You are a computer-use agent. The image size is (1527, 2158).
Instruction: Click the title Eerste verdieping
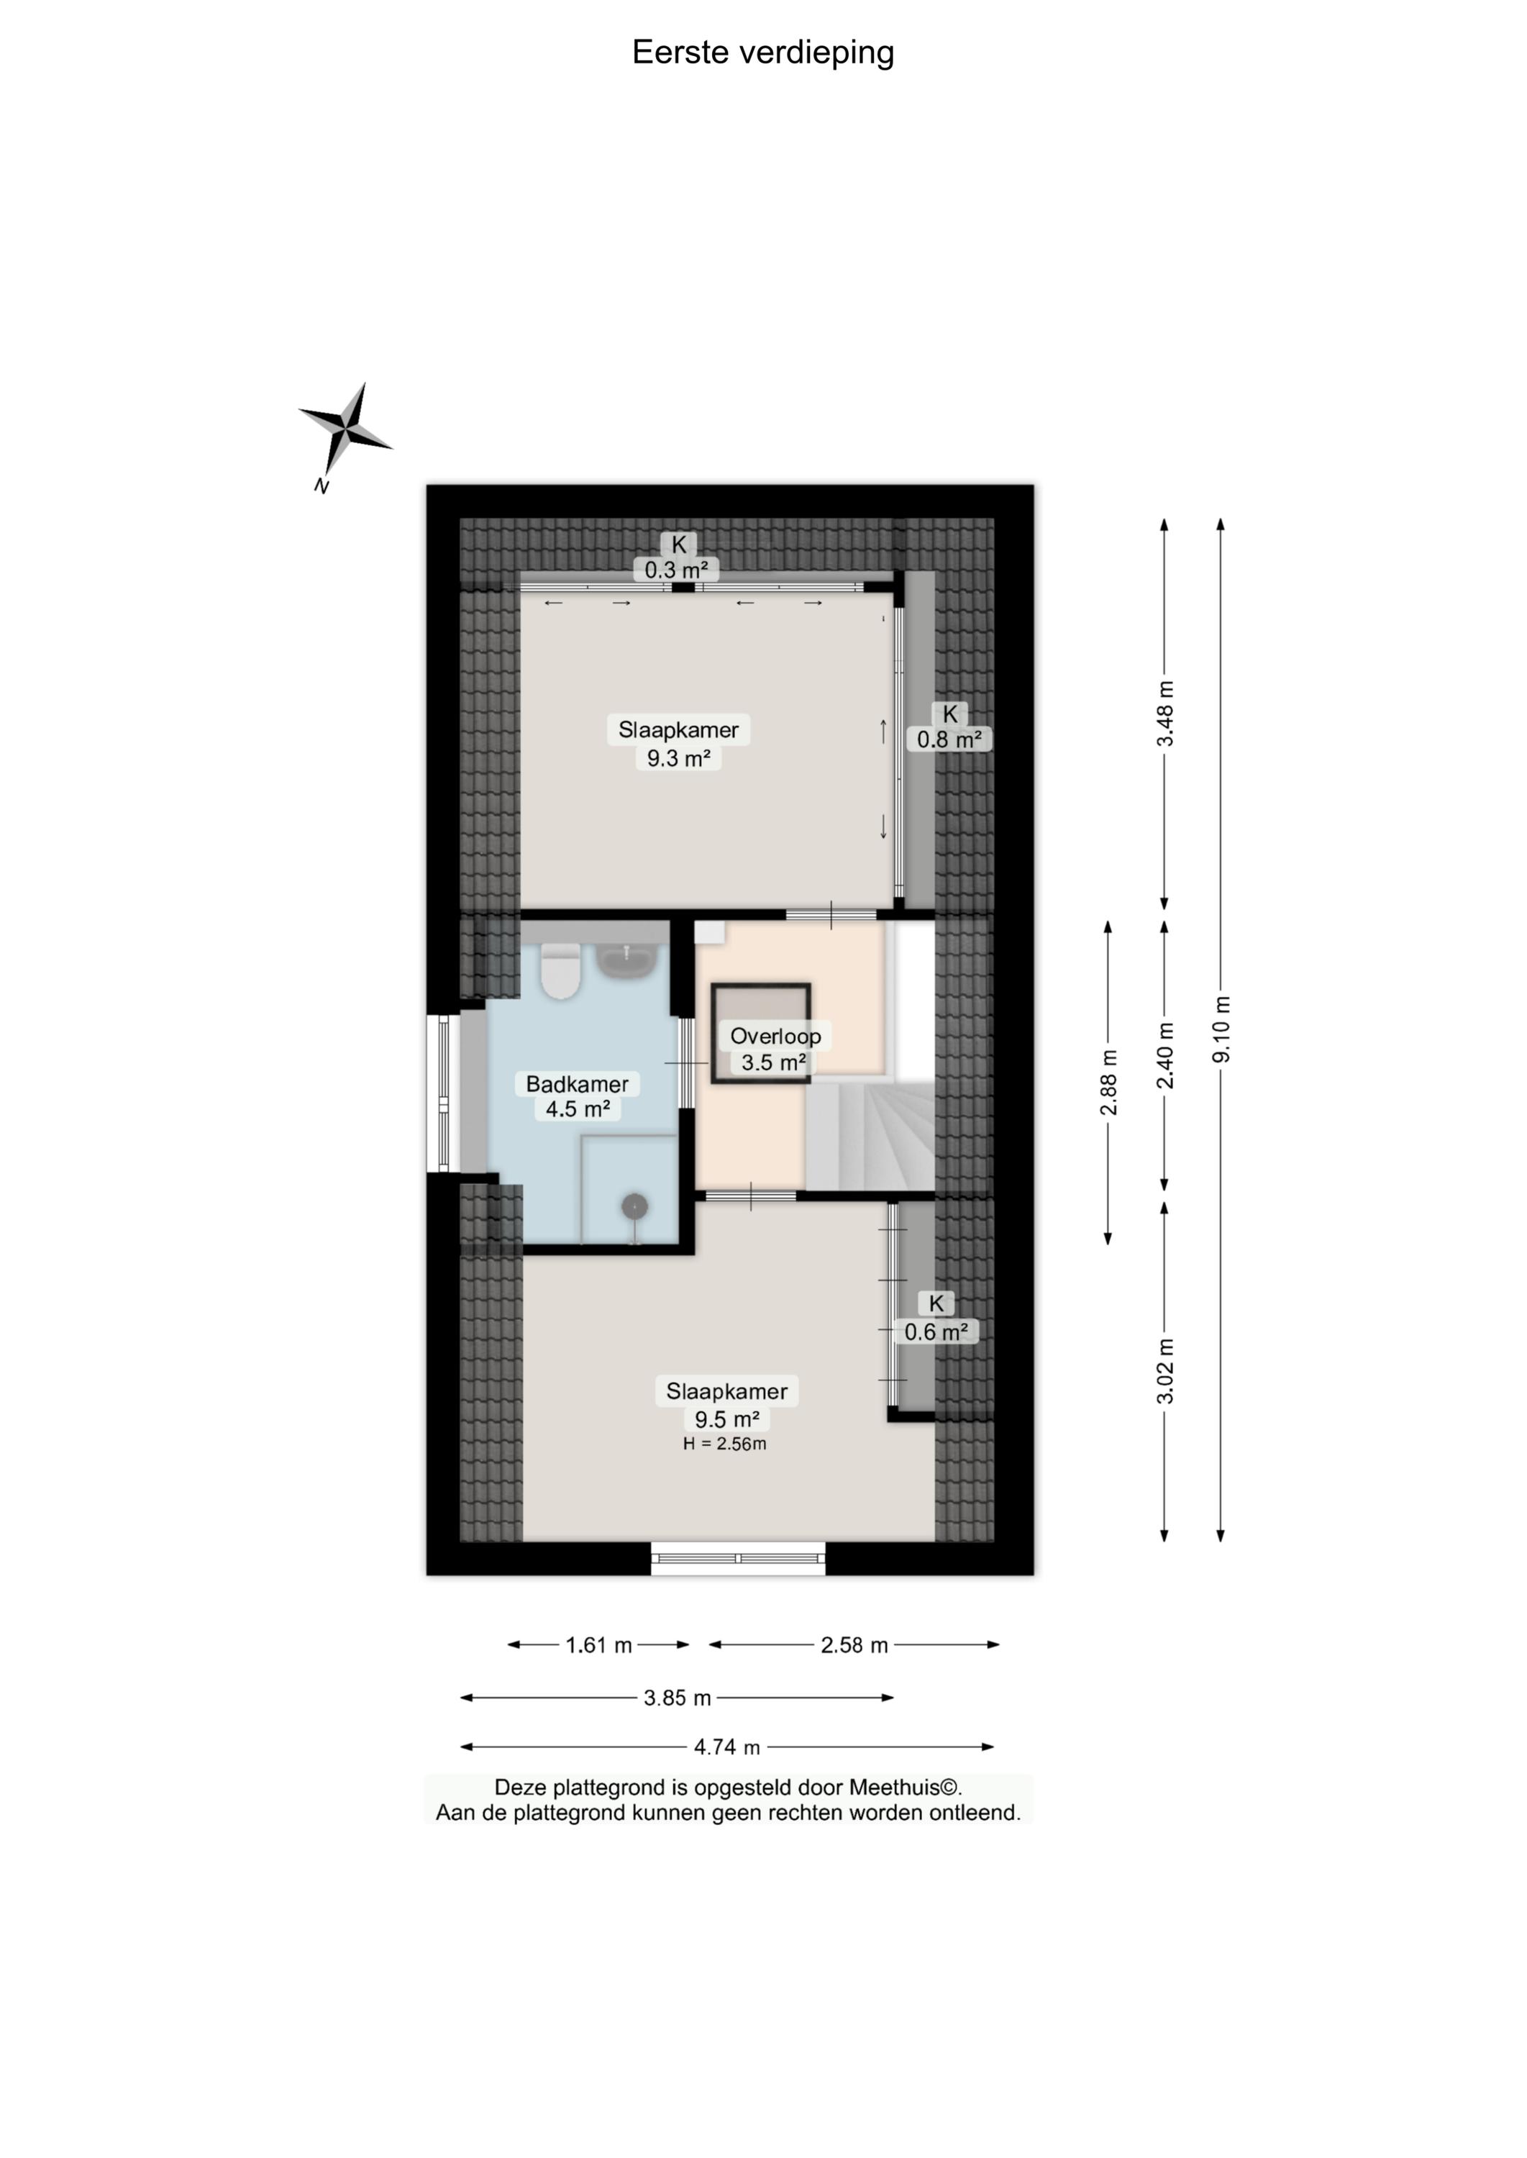(762, 53)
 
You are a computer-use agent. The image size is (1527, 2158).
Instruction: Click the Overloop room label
(775, 1037)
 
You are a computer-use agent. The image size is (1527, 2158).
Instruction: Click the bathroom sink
(626, 960)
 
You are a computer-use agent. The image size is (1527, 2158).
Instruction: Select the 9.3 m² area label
(678, 758)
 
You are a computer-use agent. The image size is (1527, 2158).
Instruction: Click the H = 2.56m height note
(724, 1444)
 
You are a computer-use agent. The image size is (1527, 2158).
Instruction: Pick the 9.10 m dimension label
(1221, 1029)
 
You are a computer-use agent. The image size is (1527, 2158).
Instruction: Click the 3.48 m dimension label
(1165, 714)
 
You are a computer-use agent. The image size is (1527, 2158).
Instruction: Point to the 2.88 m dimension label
(1108, 1083)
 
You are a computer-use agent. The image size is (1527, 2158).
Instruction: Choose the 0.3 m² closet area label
(677, 570)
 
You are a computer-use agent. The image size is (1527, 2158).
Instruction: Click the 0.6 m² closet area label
(936, 1331)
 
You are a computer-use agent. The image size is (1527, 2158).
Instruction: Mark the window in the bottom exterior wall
(738, 1558)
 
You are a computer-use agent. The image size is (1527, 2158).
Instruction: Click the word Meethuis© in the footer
(906, 1788)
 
